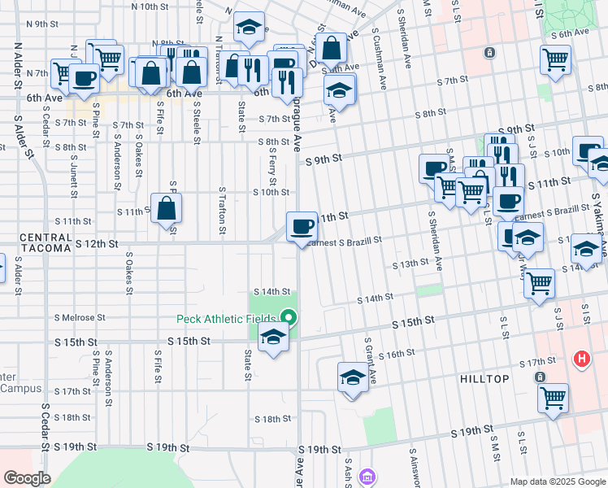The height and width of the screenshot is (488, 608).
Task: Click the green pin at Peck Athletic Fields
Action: pos(288,318)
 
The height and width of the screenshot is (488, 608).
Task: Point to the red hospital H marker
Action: pos(581,358)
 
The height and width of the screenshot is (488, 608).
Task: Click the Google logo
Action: pos(27,478)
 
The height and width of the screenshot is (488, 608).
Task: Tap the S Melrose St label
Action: pos(79,317)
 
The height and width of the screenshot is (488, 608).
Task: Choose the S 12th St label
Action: pos(97,243)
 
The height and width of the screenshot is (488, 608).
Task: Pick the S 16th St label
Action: pos(397,354)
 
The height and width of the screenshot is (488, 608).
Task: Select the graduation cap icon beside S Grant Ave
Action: pos(353,377)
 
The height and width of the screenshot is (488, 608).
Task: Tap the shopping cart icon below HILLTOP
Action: pos(554,398)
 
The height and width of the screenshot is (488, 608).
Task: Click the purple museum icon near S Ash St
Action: pos(367,476)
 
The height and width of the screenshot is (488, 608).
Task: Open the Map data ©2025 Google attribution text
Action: pos(558,481)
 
